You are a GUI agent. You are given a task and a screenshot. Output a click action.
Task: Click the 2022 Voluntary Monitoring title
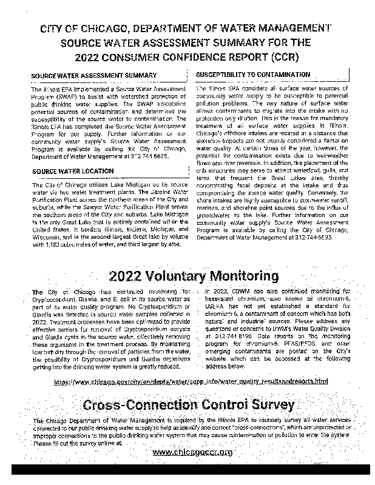pyautogui.click(x=194, y=276)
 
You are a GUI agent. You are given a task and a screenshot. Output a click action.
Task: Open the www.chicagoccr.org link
pyautogui.click(x=192, y=452)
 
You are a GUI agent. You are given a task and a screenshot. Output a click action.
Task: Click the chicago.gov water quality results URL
pyautogui.click(x=191, y=381)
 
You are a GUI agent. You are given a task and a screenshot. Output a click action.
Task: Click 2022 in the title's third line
pyautogui.click(x=89, y=58)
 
